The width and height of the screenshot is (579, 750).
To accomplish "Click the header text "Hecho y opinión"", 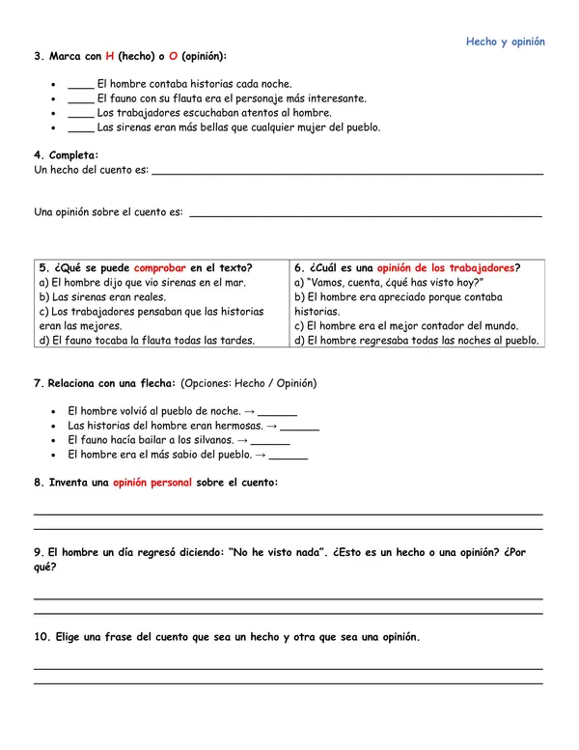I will tap(505, 42).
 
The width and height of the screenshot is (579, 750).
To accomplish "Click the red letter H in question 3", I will tap(110, 57).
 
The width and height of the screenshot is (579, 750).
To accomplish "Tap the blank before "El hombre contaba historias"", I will tap(80, 85).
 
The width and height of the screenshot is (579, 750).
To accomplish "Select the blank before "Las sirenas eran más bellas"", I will tap(80, 127).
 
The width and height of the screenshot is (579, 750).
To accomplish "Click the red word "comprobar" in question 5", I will tap(160, 268).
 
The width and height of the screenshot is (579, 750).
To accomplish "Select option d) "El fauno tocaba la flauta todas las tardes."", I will tap(147, 340).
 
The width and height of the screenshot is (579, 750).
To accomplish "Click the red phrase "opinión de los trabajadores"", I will tap(445, 268).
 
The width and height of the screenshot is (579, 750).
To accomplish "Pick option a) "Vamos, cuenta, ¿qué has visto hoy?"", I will tap(387, 283).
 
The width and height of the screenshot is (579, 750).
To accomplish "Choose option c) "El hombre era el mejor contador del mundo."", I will tap(406, 326).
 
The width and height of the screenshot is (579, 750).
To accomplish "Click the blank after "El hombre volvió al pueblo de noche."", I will tap(277, 412).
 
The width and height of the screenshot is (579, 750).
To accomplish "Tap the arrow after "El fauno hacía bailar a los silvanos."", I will tap(242, 440).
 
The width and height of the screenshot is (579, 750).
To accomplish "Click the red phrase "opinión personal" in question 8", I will tap(152, 483).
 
